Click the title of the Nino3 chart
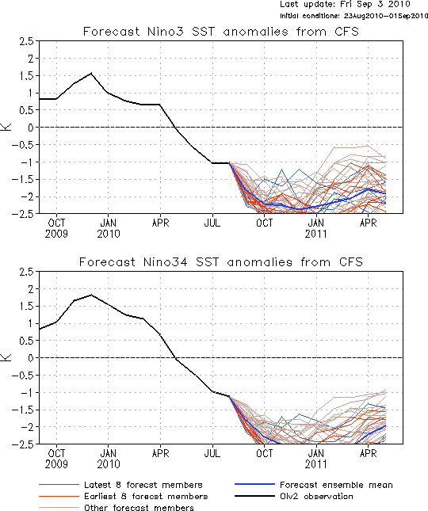pos(220,32)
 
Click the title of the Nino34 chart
pos(220,262)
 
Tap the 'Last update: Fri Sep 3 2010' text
pos(345,5)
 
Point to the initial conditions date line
pos(353,16)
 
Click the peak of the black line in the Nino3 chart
pos(91,73)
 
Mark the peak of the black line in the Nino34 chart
pos(92,295)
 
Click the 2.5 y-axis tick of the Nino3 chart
pos(26,42)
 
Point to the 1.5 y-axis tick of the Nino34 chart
pos(26,307)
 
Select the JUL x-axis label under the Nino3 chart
pos(212,223)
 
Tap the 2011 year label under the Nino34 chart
pos(316,464)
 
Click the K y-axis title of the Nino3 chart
pos(7,127)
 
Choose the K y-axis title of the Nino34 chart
pos(7,357)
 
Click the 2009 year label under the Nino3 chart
pos(56,234)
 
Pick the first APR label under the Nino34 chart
pos(160,453)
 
